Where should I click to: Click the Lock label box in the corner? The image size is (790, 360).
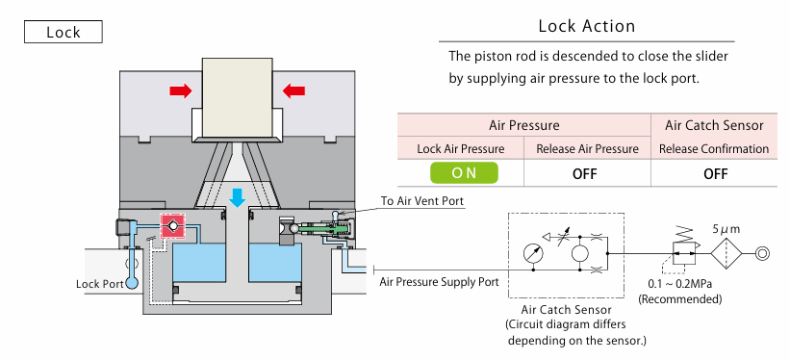click(x=63, y=32)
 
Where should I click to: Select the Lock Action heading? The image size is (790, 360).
click(x=587, y=26)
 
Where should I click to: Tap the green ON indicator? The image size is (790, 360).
click(x=464, y=173)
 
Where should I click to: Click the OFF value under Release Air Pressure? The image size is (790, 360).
click(x=584, y=174)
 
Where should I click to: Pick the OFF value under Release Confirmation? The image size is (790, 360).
click(x=716, y=174)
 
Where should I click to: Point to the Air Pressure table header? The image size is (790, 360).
click(x=524, y=125)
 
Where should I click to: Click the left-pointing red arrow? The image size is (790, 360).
click(x=293, y=90)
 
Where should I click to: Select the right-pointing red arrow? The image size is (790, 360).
click(x=181, y=90)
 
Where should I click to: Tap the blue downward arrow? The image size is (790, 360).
click(x=237, y=197)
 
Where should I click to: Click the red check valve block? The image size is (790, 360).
click(x=173, y=225)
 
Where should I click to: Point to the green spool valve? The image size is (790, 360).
click(x=323, y=229)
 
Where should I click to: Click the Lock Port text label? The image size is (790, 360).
click(x=100, y=284)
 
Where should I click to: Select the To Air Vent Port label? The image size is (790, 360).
click(x=422, y=200)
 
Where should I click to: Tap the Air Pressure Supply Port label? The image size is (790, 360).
click(x=439, y=281)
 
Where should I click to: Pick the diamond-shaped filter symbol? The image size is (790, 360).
click(x=726, y=253)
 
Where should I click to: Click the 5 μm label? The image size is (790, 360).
click(x=726, y=229)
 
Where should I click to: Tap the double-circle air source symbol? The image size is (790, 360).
click(x=762, y=253)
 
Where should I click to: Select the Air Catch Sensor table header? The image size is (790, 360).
click(x=714, y=125)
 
